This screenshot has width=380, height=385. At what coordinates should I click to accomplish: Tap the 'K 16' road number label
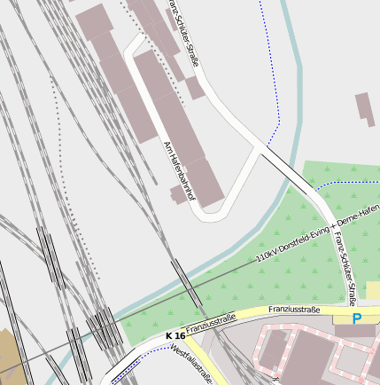175,336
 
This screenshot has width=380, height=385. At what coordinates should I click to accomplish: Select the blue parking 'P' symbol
356,318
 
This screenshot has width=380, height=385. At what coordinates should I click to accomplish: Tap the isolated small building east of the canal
365,109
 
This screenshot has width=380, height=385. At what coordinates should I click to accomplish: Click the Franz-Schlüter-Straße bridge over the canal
285,169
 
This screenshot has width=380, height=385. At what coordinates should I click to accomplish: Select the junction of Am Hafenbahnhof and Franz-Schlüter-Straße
260,145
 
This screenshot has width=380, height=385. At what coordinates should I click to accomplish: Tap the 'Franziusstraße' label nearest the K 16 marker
211,321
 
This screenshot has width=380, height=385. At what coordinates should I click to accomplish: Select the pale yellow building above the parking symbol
372,291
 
